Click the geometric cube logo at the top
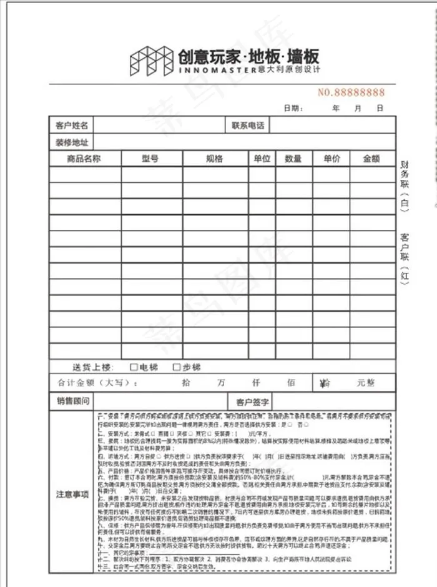pos(151,59)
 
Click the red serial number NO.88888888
pos(351,92)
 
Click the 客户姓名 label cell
pos(72,126)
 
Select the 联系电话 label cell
pos(248,126)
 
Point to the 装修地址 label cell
pos(72,142)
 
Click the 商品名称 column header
pos(84,159)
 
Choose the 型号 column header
pos(150,159)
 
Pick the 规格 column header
pos(214,159)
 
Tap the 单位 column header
pos(262,159)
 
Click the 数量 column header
pos(293,159)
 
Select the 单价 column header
pos(331,159)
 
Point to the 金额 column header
pos(371,159)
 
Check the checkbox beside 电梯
pos(134,367)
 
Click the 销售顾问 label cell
pos(72,400)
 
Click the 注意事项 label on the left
pos(72,494)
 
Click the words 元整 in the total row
pos(367,383)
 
